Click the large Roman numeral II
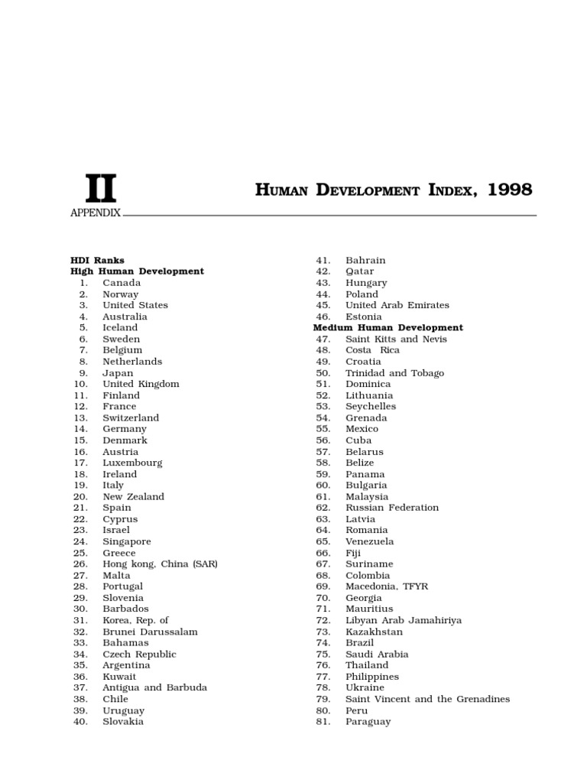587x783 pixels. pos(100,189)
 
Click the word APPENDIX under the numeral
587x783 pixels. pos(96,213)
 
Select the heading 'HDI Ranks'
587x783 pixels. pos(97,260)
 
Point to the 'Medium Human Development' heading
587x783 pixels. pos(388,327)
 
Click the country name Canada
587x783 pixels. pos(122,283)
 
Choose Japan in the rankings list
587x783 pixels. pos(118,373)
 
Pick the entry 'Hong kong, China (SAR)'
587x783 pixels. pos(161,564)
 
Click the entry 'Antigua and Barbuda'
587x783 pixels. pos(154,687)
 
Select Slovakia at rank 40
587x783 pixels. pos(123,721)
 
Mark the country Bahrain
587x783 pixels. pos(365,260)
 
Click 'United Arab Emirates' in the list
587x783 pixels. pos(397,305)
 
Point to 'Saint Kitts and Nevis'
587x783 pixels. pos(396,339)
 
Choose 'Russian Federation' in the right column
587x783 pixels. pos(392,508)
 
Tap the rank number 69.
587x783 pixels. pos(323,586)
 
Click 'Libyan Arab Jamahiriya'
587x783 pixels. pos(404,620)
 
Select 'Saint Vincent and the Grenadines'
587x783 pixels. pos(427,699)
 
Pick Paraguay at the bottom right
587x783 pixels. pos(368,721)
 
